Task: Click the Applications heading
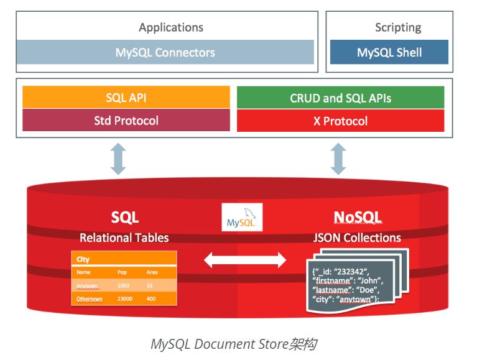pyautogui.click(x=171, y=28)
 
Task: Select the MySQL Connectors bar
pyautogui.click(x=165, y=52)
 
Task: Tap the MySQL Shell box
pyautogui.click(x=389, y=52)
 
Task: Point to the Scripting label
pyautogui.click(x=398, y=28)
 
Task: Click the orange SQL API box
pyautogui.click(x=126, y=97)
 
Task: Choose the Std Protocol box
pyautogui.click(x=126, y=120)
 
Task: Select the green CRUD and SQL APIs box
pyautogui.click(x=340, y=98)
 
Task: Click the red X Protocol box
pyautogui.click(x=340, y=121)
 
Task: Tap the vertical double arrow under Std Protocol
pyautogui.click(x=118, y=159)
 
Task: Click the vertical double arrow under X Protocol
pyautogui.click(x=338, y=159)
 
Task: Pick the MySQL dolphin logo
pyautogui.click(x=242, y=217)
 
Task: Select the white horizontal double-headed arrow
pyautogui.click(x=245, y=260)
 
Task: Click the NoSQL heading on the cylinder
pyautogui.click(x=358, y=218)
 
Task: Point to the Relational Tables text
pyautogui.click(x=124, y=238)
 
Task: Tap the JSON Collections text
pyautogui.click(x=357, y=238)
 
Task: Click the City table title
pyautogui.click(x=83, y=259)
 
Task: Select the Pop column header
pyautogui.click(x=122, y=272)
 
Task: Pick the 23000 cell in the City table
pyautogui.click(x=125, y=298)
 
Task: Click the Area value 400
pyautogui.click(x=151, y=298)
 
